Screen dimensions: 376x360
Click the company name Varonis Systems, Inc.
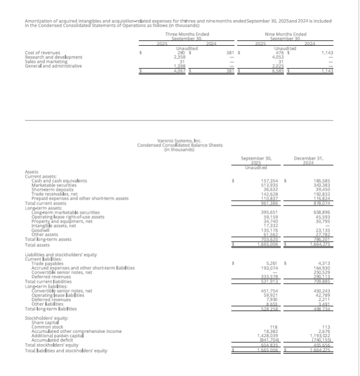click(179, 140)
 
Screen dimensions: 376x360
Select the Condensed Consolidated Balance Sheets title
click(179, 145)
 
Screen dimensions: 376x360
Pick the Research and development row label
click(54, 56)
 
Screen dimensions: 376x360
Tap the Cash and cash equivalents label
click(59, 181)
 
